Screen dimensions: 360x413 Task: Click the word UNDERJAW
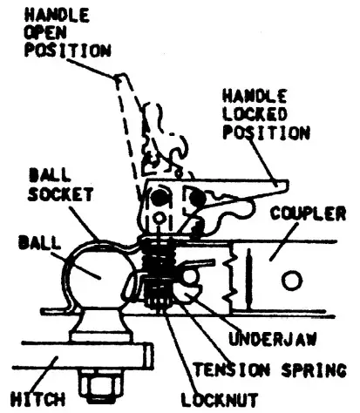click(x=272, y=339)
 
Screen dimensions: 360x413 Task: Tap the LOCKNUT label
click(x=220, y=400)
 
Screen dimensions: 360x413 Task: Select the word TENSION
click(x=232, y=370)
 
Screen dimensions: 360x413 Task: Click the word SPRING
click(x=314, y=370)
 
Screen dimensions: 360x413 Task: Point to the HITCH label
click(x=37, y=399)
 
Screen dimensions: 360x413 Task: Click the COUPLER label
click(x=308, y=213)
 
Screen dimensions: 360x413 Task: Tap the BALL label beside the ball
click(x=40, y=243)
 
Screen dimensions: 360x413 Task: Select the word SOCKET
click(x=60, y=194)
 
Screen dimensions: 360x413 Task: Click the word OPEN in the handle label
click(x=45, y=32)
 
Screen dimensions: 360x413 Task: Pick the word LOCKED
click(x=255, y=114)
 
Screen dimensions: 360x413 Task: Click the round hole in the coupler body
click(x=292, y=281)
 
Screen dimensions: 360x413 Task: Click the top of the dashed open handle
click(x=120, y=76)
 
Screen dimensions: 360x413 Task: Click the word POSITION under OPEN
click(x=67, y=50)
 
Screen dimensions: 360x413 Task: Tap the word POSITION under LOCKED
click(x=266, y=132)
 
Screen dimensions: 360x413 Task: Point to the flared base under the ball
click(x=100, y=325)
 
